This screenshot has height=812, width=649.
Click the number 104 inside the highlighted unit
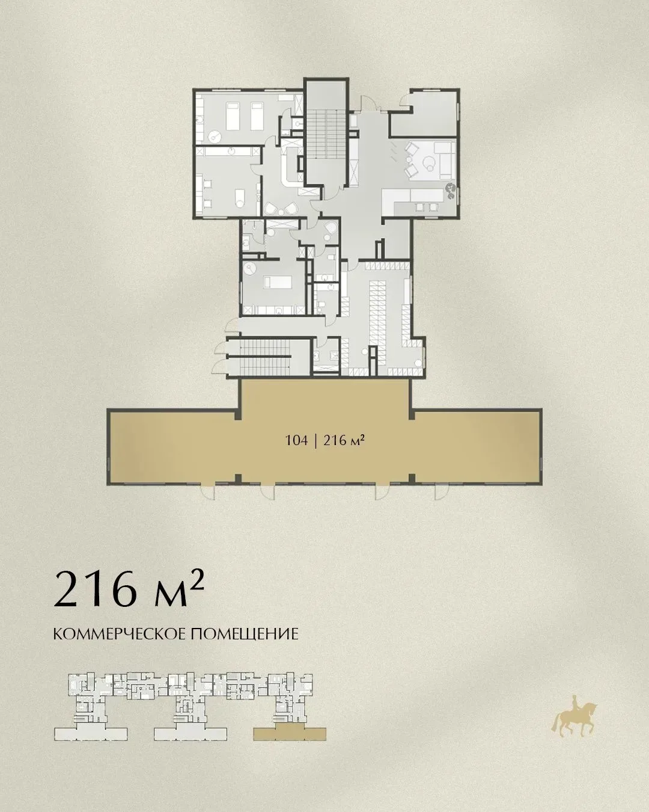296,440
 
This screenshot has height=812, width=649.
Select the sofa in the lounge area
445,160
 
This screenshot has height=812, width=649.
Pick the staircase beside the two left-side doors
265,355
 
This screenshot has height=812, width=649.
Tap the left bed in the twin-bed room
231,117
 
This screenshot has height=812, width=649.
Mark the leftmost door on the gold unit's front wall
208,491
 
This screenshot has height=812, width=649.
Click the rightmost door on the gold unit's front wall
442,491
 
